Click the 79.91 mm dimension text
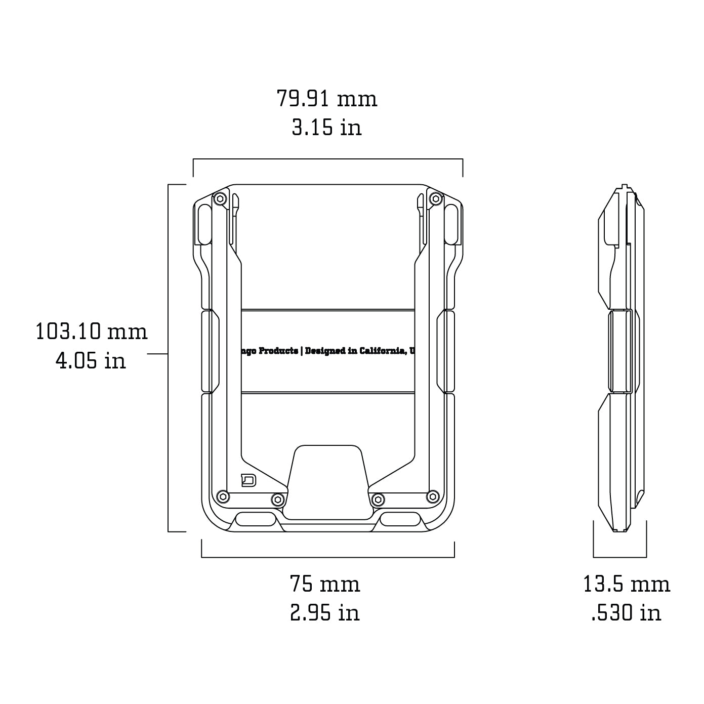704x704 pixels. click(x=327, y=98)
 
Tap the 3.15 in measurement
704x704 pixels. click(x=327, y=127)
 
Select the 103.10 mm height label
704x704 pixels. click(x=92, y=332)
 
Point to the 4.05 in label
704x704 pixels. click(x=91, y=361)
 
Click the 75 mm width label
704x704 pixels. click(x=325, y=584)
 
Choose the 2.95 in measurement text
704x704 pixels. click(x=325, y=612)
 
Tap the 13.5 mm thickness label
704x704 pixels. click(x=627, y=584)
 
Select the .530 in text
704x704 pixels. click(x=627, y=613)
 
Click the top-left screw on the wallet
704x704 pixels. click(x=220, y=199)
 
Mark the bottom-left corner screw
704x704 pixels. click(x=221, y=496)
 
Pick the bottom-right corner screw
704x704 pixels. click(x=433, y=496)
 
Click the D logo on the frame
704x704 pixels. click(x=249, y=480)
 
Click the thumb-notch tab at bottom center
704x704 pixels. click(x=327, y=481)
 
